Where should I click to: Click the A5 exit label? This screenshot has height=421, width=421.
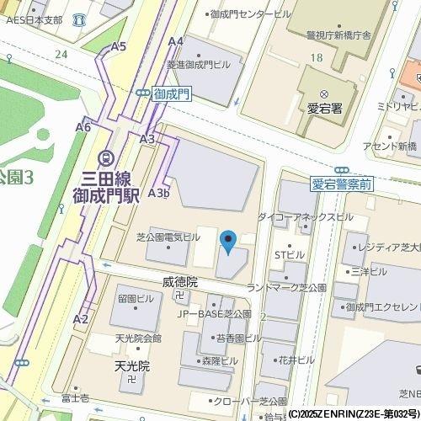tap(119, 46)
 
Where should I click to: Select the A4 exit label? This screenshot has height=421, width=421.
tap(176, 41)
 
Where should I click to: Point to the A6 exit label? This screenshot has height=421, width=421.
tap(83, 127)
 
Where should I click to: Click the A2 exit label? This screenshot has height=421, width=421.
tap(81, 319)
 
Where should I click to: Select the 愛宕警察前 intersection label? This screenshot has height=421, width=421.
tap(342, 184)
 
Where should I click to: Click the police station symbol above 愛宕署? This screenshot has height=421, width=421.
tap(324, 94)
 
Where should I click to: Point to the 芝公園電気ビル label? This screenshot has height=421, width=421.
tap(168, 237)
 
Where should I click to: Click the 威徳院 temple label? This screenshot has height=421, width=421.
tap(179, 282)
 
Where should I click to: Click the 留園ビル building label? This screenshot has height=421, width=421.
tap(136, 299)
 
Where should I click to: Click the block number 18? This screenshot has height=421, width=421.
tap(316, 56)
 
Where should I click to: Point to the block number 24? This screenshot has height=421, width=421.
tap(61, 54)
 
